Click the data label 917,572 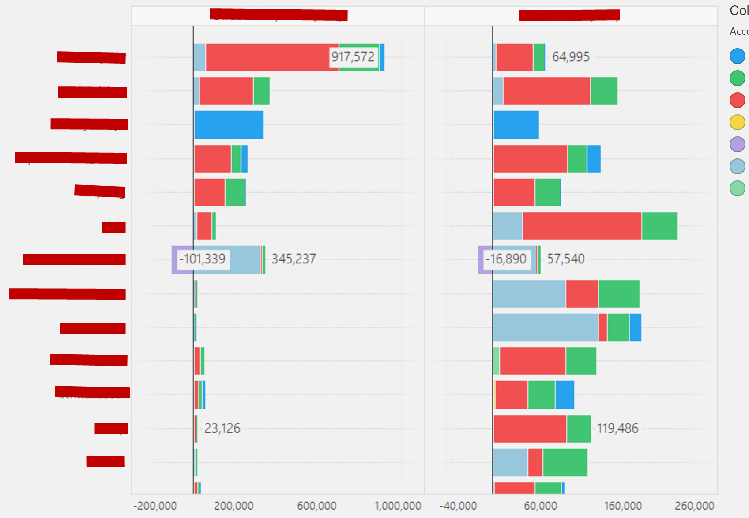(353, 57)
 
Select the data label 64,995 (571, 57)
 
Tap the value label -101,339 (202, 259)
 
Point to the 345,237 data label (294, 259)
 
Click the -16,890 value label (506, 259)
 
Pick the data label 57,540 (565, 259)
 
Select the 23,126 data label (222, 428)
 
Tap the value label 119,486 (617, 428)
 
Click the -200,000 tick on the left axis (155, 506)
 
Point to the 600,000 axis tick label (316, 506)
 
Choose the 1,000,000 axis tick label (398, 506)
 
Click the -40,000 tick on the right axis (458, 506)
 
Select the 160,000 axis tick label (622, 506)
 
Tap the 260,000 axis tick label (694, 506)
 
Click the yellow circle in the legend (737, 122)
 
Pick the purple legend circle (737, 144)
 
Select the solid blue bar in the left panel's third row (229, 125)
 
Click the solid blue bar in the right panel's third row (516, 125)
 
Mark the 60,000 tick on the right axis (540, 506)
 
